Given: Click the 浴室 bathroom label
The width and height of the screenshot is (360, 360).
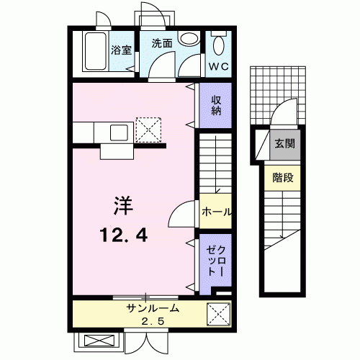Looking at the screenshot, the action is pyautogui.click(x=121, y=50).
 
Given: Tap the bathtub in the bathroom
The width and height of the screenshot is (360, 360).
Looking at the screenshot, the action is pyautogui.click(x=95, y=51).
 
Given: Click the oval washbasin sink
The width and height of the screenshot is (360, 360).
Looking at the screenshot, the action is pyautogui.click(x=189, y=38).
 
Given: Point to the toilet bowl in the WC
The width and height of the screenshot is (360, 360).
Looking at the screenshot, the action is pyautogui.click(x=218, y=45).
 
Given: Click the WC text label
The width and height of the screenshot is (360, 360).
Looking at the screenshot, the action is pyautogui.click(x=219, y=66).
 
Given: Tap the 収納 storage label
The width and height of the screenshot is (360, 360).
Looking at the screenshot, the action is pyautogui.click(x=216, y=105).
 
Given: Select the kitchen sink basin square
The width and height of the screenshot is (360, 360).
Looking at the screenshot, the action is pyautogui.click(x=119, y=132).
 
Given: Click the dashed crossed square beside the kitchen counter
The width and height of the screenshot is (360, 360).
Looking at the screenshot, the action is pyautogui.click(x=148, y=130).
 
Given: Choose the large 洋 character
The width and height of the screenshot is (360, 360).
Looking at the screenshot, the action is pyautogui.click(x=123, y=205).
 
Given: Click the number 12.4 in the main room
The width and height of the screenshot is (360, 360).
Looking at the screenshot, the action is pyautogui.click(x=123, y=235).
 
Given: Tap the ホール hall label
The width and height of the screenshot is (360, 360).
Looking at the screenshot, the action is pyautogui.click(x=217, y=212).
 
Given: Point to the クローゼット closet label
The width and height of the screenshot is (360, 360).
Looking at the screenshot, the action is pyautogui.click(x=216, y=261).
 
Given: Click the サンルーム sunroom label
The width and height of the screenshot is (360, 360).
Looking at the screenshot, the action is pyautogui.click(x=153, y=308).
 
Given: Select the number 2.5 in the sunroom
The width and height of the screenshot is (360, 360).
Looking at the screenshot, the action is pyautogui.click(x=153, y=321).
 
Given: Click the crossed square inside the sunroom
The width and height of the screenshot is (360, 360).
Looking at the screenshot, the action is pyautogui.click(x=218, y=315).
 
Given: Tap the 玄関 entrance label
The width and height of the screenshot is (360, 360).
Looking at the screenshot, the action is pyautogui.click(x=284, y=144).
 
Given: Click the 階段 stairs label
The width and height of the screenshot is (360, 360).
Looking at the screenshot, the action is pyautogui.click(x=283, y=178).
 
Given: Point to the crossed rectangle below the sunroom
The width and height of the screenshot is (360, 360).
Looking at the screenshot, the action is pyautogui.click(x=99, y=341).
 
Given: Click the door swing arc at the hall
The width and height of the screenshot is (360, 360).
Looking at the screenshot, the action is pyautogui.click(x=177, y=208).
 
